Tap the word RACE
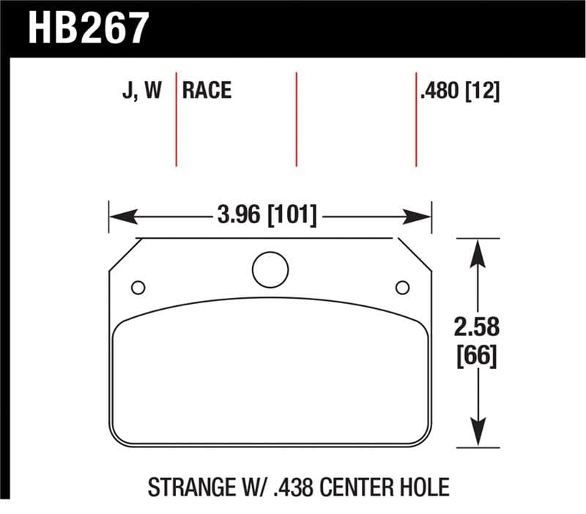point(207,91)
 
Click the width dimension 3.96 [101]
point(267,216)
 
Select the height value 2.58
point(478,327)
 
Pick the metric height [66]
point(478,357)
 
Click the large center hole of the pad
point(270,269)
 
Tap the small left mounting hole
point(138,287)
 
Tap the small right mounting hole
point(401,287)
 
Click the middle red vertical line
point(296,119)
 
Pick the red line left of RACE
point(177,119)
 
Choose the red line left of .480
point(415,119)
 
